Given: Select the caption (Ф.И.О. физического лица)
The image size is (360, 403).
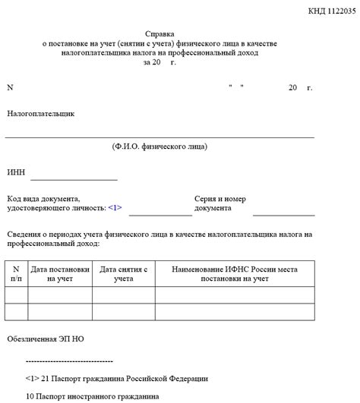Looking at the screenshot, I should [x=159, y=146].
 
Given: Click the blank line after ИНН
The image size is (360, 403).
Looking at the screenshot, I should [x=74, y=179].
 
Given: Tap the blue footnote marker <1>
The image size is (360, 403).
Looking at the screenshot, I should [x=115, y=207].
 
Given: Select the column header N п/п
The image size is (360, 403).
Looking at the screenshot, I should [x=16, y=274].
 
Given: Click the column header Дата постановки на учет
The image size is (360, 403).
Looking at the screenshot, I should [x=60, y=274].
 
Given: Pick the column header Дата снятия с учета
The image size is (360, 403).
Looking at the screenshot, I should [x=123, y=274].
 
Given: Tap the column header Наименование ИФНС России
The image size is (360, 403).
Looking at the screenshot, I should [x=235, y=274].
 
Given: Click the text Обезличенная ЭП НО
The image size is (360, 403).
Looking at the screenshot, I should [x=46, y=338].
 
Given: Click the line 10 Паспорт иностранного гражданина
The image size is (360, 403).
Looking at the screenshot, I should [x=92, y=397].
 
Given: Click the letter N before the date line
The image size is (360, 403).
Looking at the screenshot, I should [x=11, y=87].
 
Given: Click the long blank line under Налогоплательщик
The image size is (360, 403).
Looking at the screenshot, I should [x=159, y=137].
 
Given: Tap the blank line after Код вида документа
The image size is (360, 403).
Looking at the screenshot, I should [x=159, y=215].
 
